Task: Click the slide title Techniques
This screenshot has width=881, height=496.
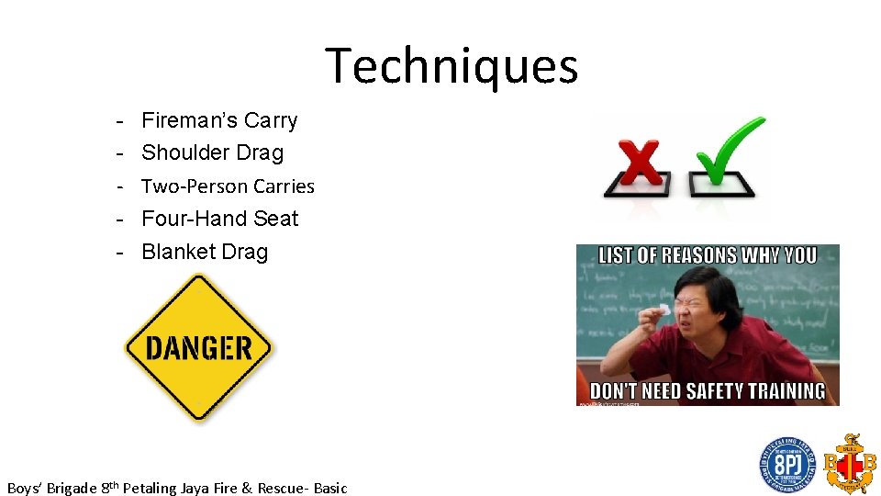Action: tap(452, 66)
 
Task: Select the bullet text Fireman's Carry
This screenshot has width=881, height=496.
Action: tap(219, 120)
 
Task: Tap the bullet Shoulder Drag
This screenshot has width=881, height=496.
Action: tap(212, 152)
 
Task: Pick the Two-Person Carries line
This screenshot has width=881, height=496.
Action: tap(228, 186)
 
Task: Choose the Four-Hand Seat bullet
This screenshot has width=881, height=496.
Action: tap(219, 219)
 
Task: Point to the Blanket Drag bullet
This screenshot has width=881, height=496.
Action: tap(205, 252)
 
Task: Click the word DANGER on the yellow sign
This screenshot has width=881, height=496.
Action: tap(198, 348)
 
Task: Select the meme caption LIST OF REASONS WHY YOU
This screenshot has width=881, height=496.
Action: tap(708, 255)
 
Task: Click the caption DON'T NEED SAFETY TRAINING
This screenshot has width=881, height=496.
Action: tap(708, 390)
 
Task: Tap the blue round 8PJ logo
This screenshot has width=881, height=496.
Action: tap(786, 465)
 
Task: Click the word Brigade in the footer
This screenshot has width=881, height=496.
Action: tap(71, 488)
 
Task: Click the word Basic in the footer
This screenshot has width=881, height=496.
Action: tap(330, 488)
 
